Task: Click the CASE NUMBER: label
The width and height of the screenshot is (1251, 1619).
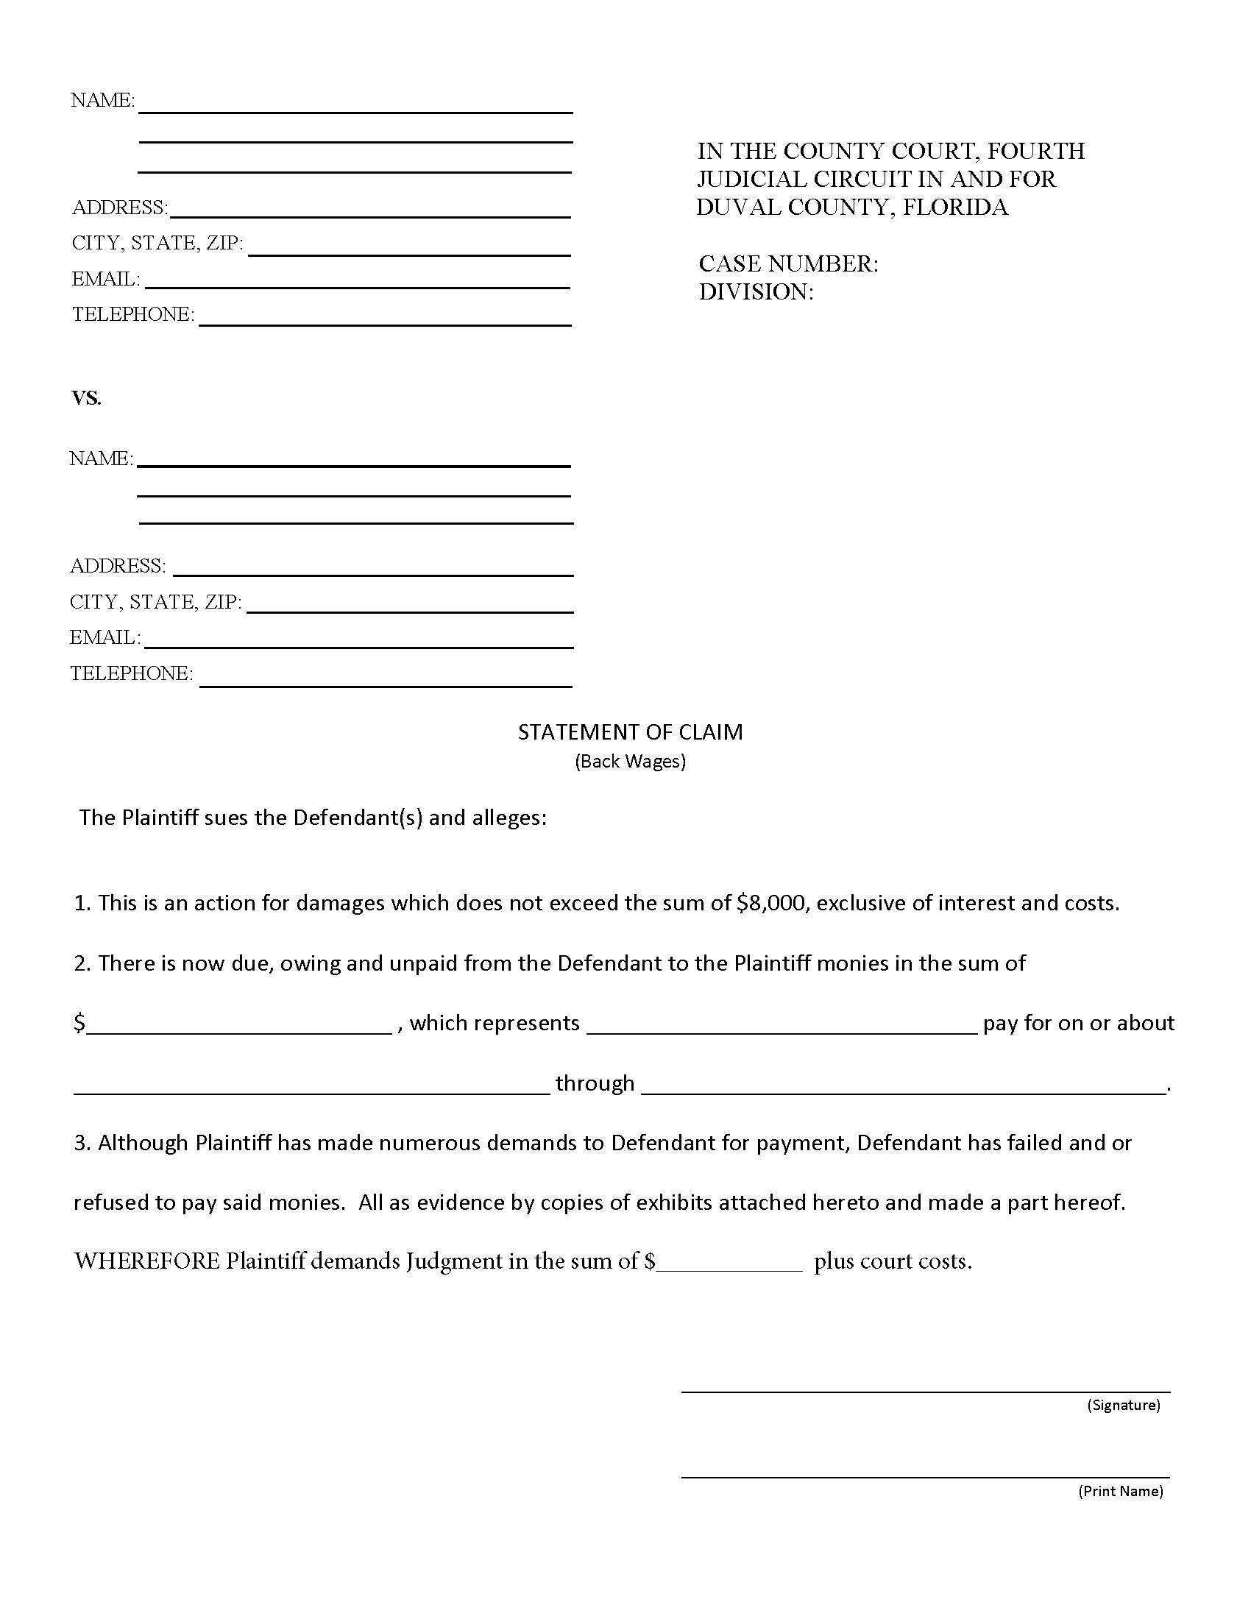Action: pos(788,264)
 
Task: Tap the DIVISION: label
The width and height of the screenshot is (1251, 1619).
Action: pos(756,292)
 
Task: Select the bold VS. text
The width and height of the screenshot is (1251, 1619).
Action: pos(86,399)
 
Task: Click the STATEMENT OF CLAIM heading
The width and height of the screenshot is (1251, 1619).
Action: pos(630,732)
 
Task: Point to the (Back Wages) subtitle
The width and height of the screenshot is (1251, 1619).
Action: pos(630,762)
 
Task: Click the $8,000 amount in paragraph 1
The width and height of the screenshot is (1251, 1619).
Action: pos(770,903)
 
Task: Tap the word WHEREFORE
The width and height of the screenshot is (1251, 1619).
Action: pos(146,1261)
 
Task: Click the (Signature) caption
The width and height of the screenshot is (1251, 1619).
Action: pos(1123,1405)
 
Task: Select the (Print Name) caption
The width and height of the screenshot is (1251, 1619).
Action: pos(1120,1491)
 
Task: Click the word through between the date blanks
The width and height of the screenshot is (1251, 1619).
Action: pos(595,1083)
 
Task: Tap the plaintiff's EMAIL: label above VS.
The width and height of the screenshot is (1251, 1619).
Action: pos(105,280)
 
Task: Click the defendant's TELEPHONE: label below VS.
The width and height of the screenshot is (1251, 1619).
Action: pos(131,673)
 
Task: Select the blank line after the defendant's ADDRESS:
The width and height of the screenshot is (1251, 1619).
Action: pos(373,574)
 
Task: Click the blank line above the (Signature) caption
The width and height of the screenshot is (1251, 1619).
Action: pos(925,1391)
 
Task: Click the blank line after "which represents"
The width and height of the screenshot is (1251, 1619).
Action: pos(782,1031)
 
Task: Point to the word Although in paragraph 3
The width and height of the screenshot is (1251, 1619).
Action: pos(143,1143)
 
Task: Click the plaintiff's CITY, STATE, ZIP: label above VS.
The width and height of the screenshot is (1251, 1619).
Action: pos(157,243)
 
